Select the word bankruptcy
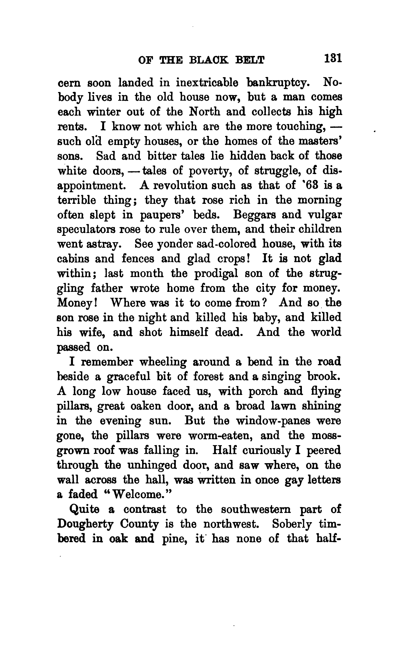(x=278, y=83)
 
